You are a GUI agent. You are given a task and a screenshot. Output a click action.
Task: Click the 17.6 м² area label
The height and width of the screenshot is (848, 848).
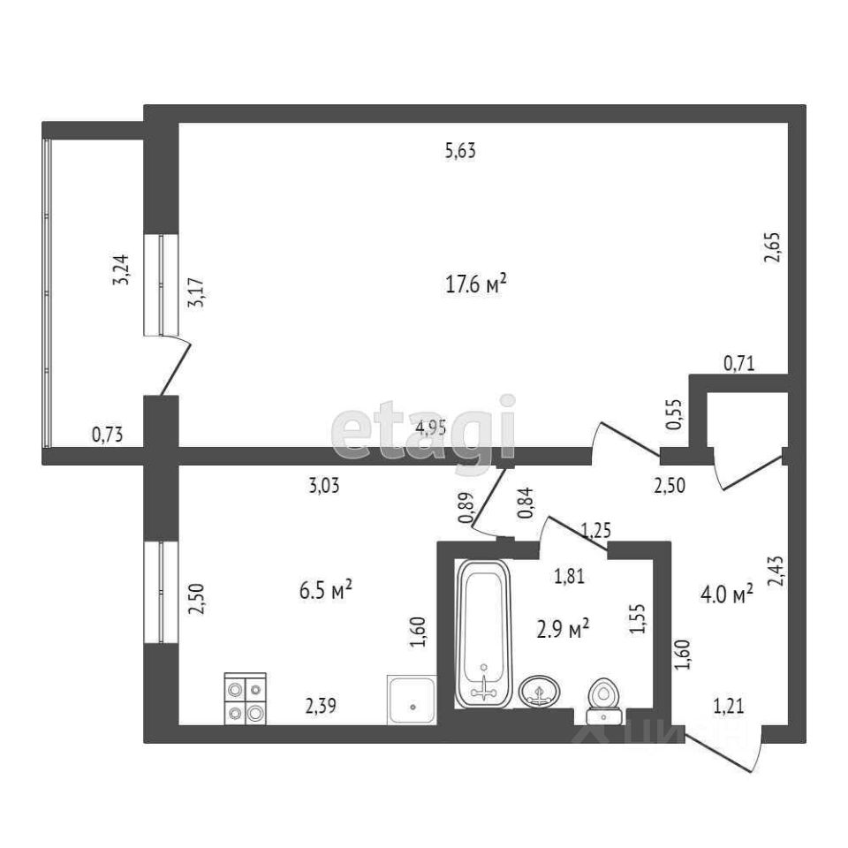click(476, 284)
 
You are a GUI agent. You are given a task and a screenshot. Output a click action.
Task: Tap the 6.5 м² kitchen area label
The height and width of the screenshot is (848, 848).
click(326, 589)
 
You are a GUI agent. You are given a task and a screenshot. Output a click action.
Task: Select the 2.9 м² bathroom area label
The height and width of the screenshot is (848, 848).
click(563, 629)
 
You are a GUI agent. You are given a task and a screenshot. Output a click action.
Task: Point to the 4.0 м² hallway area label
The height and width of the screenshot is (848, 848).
click(726, 593)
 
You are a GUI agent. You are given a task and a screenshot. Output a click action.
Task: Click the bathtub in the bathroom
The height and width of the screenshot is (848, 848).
click(482, 633)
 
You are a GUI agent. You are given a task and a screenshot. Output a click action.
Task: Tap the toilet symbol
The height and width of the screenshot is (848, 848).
click(605, 695)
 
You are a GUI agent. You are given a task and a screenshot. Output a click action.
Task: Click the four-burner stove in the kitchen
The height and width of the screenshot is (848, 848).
click(245, 699)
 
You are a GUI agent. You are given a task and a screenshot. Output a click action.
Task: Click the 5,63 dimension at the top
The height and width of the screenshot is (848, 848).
click(460, 151)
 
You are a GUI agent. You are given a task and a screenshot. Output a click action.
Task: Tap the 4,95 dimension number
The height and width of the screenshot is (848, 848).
click(432, 428)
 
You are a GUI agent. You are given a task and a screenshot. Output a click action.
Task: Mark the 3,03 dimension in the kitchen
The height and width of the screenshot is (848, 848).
click(324, 484)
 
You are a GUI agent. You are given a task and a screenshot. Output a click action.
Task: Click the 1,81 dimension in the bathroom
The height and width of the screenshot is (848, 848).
click(569, 577)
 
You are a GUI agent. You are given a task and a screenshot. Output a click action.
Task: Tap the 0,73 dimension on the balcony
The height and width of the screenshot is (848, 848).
click(107, 434)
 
